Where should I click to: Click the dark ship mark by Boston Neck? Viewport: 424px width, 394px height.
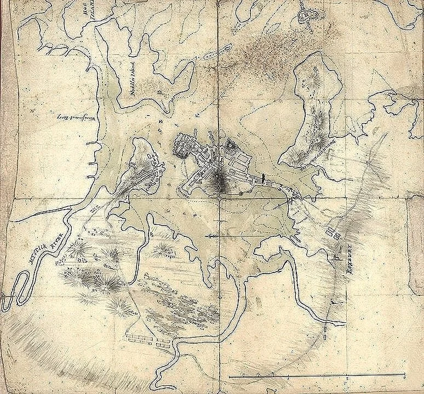pyautogui.click(x=263, y=178)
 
